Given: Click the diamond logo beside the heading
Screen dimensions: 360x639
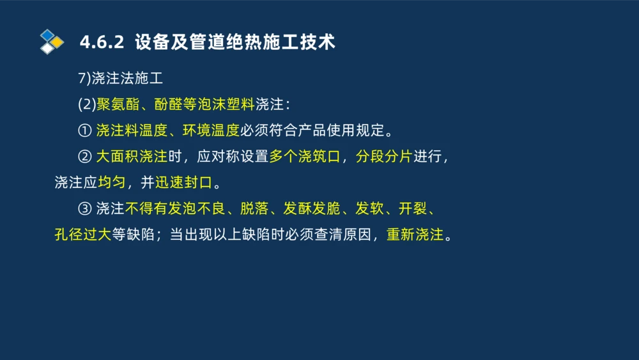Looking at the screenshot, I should [x=52, y=42].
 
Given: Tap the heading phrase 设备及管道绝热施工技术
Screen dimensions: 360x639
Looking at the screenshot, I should [x=235, y=43].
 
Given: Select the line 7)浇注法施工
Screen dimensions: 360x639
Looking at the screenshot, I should [x=121, y=79].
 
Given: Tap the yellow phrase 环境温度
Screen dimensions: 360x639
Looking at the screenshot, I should [x=211, y=131].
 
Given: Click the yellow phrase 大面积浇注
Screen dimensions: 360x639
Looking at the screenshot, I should [x=132, y=157].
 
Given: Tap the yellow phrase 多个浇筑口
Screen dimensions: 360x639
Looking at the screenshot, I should [x=304, y=157].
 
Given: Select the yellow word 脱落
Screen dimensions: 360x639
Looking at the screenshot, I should [x=254, y=208].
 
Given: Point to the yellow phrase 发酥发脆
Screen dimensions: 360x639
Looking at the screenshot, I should [x=311, y=208].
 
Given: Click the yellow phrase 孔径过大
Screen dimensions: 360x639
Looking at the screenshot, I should [x=83, y=235].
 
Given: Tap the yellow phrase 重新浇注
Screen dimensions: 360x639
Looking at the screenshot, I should [x=415, y=235].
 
